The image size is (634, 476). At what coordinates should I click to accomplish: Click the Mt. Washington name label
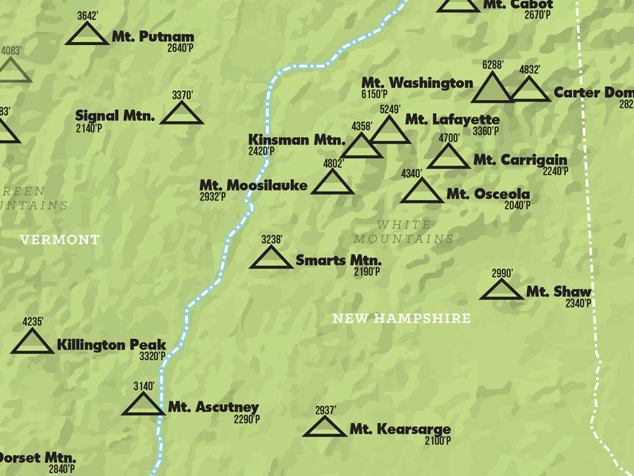pos(417,83)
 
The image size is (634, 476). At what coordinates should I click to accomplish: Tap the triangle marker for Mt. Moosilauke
pos(332,183)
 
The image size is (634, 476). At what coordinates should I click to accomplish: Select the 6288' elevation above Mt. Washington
pos(492,64)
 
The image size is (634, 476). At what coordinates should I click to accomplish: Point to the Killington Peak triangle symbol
pos(32,343)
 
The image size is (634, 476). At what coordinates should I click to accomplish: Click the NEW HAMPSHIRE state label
pos(401,319)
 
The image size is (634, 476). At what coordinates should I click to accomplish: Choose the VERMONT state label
pos(60,240)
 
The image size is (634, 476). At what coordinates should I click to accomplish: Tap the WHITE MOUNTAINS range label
pos(404,232)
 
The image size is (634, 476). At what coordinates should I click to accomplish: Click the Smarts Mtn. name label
pos(339,260)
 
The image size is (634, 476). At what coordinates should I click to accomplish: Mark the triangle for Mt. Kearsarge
pos(325,428)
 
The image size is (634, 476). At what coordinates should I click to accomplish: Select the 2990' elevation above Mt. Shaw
pos(501,274)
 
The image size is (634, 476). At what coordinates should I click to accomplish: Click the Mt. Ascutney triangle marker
pos(143,405)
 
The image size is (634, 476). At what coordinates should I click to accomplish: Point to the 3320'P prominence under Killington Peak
pos(152,356)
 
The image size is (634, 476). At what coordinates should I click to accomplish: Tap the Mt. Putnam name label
pos(153,37)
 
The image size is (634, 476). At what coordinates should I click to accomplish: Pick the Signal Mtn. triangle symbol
pos(181,114)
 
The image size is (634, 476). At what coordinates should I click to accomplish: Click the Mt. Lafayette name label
pos(452,119)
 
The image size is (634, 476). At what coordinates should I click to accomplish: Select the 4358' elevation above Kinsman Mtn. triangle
pos(362,126)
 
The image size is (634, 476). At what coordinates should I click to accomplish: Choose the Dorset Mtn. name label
pos(37,458)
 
